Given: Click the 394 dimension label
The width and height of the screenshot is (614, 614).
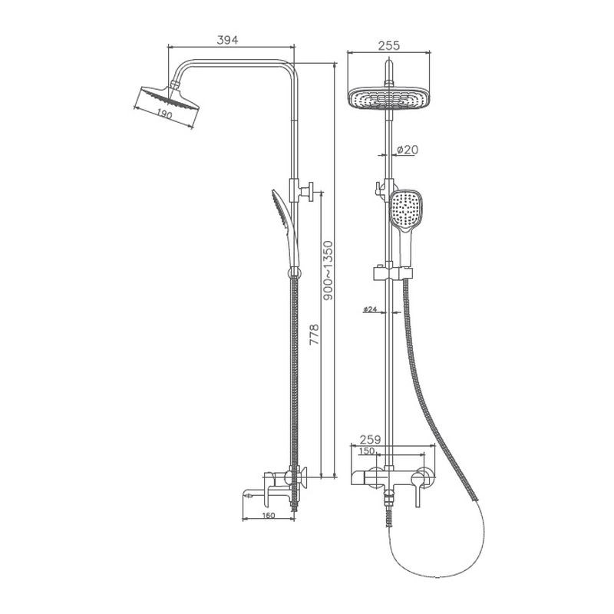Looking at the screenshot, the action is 227,40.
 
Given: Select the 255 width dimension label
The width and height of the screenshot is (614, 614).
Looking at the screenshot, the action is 389,46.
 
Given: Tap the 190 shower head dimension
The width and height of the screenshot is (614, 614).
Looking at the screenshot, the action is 165,114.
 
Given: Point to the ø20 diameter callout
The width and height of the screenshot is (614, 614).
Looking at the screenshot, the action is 408,150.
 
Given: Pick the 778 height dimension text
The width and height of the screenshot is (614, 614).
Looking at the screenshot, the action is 315,334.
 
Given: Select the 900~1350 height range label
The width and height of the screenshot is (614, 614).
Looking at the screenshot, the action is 328,271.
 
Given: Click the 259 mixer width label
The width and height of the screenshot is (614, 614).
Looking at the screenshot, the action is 370,440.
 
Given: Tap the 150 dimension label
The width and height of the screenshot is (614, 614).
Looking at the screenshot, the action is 367,451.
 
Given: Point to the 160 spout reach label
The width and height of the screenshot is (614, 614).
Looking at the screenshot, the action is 268,515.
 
